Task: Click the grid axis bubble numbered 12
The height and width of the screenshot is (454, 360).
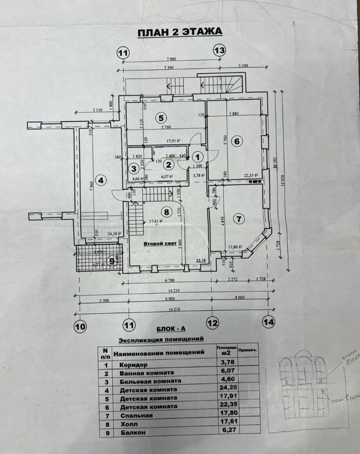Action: [x=213, y=323]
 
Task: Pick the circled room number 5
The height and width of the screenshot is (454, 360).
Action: [x=161, y=117]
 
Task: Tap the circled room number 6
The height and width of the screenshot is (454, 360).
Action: [x=237, y=140]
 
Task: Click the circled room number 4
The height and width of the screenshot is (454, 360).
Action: [x=99, y=180]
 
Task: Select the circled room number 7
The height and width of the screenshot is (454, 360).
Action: [x=239, y=218]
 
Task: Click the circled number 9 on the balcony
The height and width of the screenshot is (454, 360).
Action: [x=112, y=260]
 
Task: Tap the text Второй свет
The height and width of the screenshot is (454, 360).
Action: [x=160, y=243]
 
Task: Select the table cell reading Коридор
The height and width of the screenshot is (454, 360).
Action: [x=133, y=365]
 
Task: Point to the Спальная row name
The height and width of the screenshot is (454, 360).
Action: [x=136, y=415]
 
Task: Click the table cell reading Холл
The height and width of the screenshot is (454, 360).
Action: [x=128, y=424]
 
